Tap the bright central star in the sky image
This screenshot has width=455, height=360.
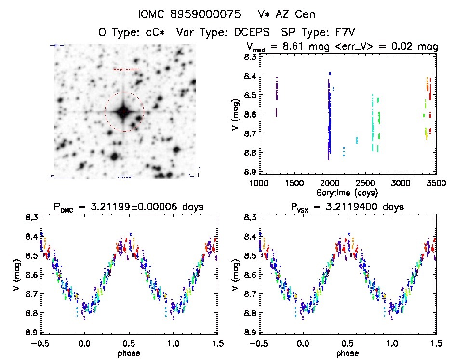(x=124, y=112)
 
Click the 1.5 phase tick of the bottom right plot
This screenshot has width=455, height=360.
(x=436, y=344)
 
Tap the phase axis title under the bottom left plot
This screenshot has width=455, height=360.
(x=128, y=352)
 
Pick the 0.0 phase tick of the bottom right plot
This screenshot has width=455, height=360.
(x=304, y=344)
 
